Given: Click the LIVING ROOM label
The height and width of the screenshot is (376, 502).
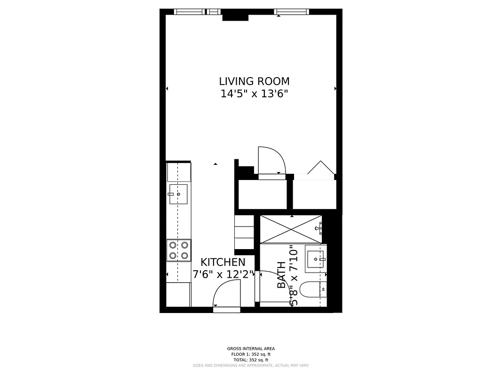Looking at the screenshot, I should click(254, 81).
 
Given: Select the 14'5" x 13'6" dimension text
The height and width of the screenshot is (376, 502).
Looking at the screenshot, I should click(254, 94).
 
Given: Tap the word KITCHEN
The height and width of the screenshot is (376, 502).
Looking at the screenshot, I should click(223, 262).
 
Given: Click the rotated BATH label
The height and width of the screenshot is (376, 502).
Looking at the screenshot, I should click(281, 275).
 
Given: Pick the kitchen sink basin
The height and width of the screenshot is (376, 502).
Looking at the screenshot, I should click(178, 194).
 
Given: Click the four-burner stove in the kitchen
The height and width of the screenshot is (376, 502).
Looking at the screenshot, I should click(179, 251).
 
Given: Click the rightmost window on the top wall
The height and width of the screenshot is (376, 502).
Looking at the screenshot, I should click(291, 12).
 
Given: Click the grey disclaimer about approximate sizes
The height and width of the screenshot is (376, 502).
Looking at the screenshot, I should click(251, 365).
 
